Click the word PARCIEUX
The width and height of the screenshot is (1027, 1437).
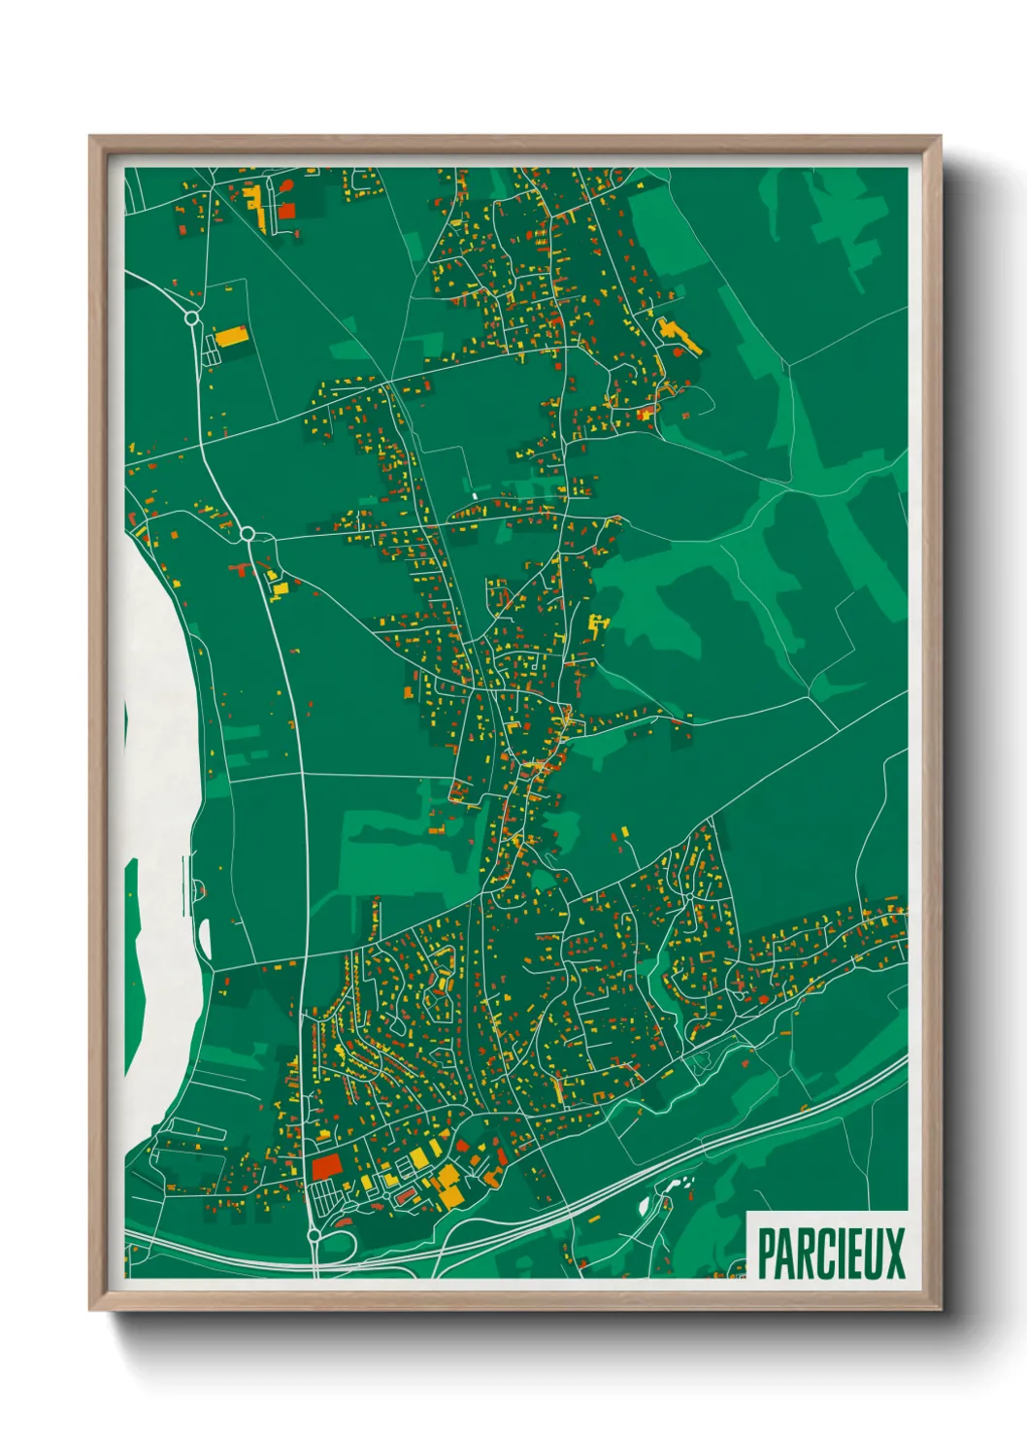pos(830,1253)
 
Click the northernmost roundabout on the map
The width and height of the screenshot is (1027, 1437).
pos(192,317)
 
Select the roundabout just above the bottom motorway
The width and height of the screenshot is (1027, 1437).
pos(314,1236)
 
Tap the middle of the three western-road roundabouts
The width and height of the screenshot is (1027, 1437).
pos(247,533)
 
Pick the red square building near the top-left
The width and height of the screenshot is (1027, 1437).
pos(286,211)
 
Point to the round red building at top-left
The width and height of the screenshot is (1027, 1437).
pos(285,184)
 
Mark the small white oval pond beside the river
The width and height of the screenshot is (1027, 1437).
pos(205,938)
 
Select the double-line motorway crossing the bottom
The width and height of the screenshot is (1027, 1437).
pos(582,1209)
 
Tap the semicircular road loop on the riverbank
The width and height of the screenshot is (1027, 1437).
pos(199,888)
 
